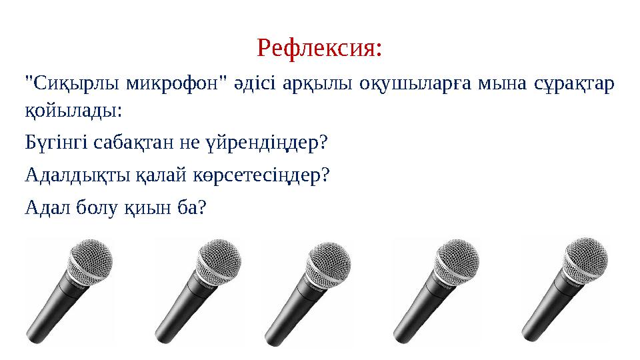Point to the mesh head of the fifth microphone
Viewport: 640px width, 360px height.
pyautogui.click(x=585, y=257)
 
